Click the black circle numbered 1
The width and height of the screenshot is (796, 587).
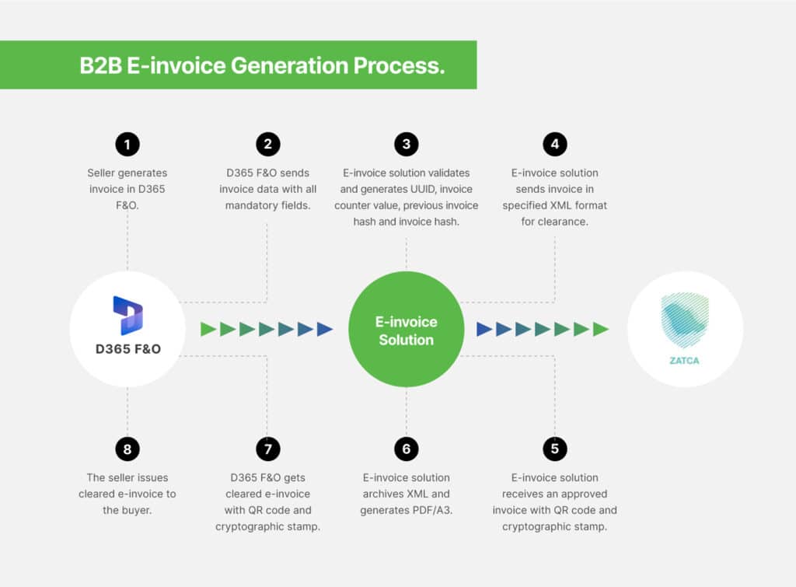click(x=127, y=144)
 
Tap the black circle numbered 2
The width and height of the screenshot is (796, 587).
click(x=268, y=144)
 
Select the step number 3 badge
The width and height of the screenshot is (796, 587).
click(x=406, y=144)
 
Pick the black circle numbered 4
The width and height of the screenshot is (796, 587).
click(x=555, y=144)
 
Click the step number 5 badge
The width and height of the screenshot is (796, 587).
click(x=555, y=449)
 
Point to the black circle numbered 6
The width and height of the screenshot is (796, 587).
click(x=406, y=449)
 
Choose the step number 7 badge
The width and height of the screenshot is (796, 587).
click(x=268, y=449)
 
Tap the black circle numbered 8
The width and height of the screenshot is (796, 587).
click(x=127, y=449)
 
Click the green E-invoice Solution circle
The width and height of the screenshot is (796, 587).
click(x=406, y=329)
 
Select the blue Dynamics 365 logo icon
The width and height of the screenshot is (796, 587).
click(x=128, y=316)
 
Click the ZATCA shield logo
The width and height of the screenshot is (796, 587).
click(x=684, y=320)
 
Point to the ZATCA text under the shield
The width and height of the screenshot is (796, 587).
click(x=684, y=361)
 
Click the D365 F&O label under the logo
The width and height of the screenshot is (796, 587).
click(x=128, y=349)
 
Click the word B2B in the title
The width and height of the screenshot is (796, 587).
click(x=100, y=65)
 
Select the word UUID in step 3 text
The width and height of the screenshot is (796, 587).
click(x=423, y=189)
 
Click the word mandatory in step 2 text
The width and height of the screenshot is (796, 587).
click(x=251, y=206)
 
